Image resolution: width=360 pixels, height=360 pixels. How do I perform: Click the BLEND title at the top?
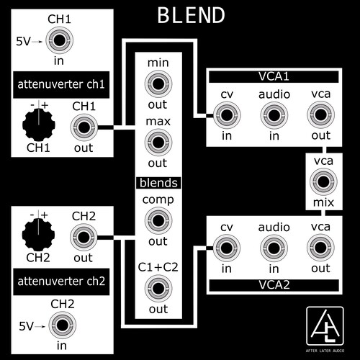click(x=191, y=15)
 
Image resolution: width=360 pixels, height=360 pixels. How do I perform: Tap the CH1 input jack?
click(x=59, y=40)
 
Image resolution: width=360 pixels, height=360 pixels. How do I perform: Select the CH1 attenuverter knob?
click(x=39, y=125)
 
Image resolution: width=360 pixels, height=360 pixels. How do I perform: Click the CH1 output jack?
click(x=84, y=127)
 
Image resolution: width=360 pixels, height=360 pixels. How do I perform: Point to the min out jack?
click(x=158, y=84)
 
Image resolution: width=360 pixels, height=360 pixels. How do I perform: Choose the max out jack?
click(x=158, y=143)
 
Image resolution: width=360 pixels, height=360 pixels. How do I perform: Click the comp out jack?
click(x=158, y=220)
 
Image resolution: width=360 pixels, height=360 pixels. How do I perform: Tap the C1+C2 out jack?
click(x=158, y=289)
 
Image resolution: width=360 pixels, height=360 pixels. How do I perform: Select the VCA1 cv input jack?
click(x=227, y=115)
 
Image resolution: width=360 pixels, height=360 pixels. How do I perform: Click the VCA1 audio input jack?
click(x=274, y=115)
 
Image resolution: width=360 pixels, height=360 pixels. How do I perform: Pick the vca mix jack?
click(x=323, y=181)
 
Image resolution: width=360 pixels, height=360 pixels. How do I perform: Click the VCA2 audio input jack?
click(x=274, y=248)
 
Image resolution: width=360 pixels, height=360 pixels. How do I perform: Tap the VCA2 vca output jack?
click(x=320, y=248)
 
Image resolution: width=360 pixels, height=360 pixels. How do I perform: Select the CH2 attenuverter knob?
click(x=38, y=235)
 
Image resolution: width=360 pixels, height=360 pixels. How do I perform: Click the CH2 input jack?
click(x=62, y=325)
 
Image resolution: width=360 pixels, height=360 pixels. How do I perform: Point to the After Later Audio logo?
click(x=325, y=329)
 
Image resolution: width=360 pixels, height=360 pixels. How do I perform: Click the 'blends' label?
click(x=158, y=183)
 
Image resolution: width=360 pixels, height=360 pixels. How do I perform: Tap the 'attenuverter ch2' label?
click(x=61, y=282)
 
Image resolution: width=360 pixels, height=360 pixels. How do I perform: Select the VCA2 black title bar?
click(x=274, y=285)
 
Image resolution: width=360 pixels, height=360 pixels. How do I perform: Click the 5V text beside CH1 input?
click(x=23, y=41)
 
